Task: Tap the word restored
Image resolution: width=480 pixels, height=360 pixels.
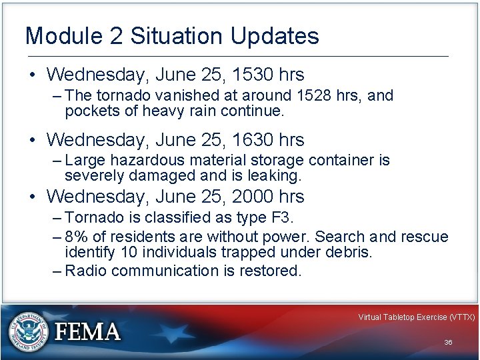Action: (273, 271)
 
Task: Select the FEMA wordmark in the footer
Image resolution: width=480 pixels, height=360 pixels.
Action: (87, 331)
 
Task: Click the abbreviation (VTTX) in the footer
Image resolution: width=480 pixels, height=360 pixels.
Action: (461, 317)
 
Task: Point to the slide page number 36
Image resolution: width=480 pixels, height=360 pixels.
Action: (448, 342)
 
